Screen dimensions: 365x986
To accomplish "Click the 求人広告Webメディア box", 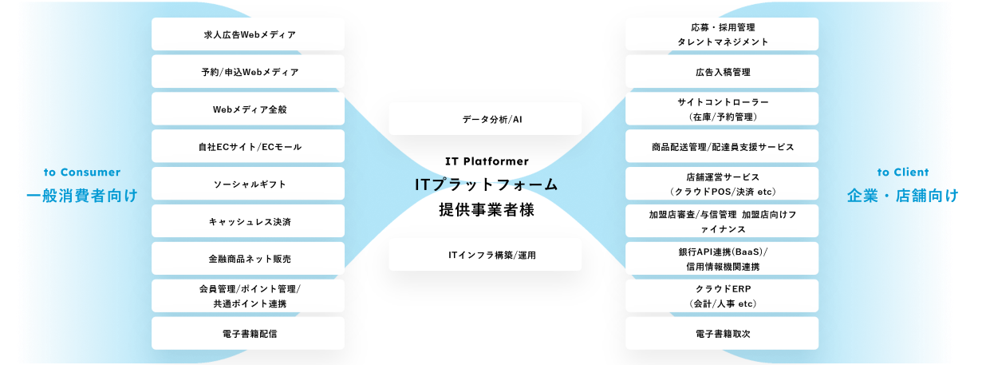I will click(248, 34).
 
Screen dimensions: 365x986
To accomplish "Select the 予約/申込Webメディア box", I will click(248, 72).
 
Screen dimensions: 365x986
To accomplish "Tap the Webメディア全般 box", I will click(248, 109).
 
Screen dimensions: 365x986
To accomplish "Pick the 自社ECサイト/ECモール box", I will click(248, 147).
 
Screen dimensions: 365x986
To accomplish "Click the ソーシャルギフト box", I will click(248, 184).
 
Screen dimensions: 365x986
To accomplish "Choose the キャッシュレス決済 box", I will click(248, 221).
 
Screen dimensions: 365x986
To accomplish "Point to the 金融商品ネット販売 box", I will click(248, 259).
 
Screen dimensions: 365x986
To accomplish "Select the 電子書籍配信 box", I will click(248, 333).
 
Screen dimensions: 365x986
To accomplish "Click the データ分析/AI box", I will click(485, 118).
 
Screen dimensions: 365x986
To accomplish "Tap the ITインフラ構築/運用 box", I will click(485, 255).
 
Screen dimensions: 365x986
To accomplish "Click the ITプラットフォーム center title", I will click(486, 184).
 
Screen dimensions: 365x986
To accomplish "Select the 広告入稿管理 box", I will click(722, 72).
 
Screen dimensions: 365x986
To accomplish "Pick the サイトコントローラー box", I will click(722, 109).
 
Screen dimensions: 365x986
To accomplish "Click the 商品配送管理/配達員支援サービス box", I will click(722, 147).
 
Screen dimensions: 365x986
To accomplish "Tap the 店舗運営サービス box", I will click(722, 184).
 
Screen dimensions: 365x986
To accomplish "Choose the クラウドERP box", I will click(722, 296).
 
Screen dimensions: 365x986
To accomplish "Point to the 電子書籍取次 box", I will click(722, 333).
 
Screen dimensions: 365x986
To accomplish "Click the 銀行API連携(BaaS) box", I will click(722, 259).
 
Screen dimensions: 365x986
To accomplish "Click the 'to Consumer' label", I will click(82, 172).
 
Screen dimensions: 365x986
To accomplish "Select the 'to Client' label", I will click(903, 172).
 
